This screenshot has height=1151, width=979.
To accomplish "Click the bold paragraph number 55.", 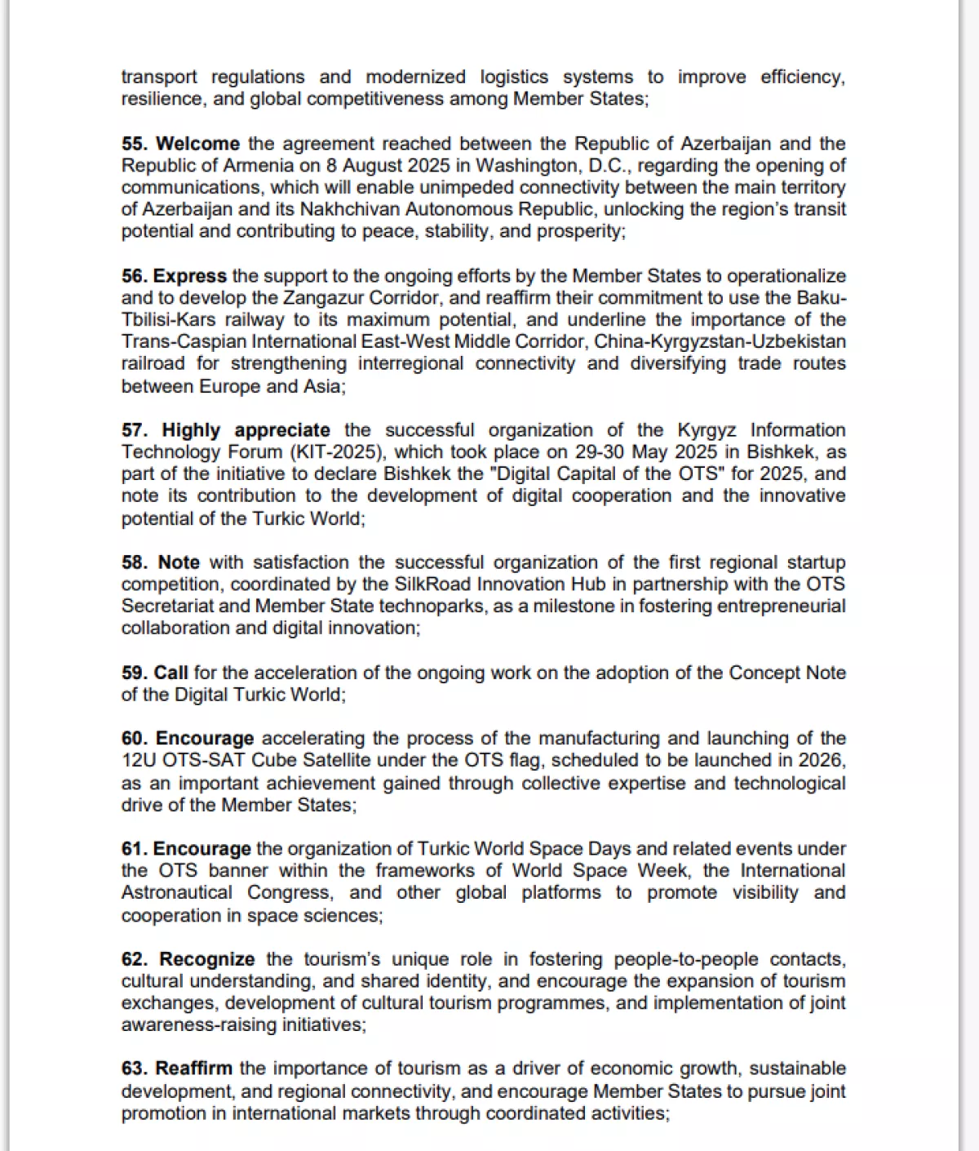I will pos(135,144).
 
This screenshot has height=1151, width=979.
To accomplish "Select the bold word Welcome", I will pos(197,144).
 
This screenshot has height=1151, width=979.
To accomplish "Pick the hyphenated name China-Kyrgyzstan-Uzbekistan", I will pos(720,342).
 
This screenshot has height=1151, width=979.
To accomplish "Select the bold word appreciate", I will pos(282,430).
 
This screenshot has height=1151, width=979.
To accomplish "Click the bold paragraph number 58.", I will pos(135,562).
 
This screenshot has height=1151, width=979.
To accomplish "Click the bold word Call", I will pos(171,673).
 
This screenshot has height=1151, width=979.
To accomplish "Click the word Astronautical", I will pos(177,893).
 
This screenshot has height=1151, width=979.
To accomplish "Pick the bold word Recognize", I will pos(206,959).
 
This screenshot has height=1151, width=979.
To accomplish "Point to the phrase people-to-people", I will pos(686,959).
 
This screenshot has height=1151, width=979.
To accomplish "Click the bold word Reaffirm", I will pos(194,1069).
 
